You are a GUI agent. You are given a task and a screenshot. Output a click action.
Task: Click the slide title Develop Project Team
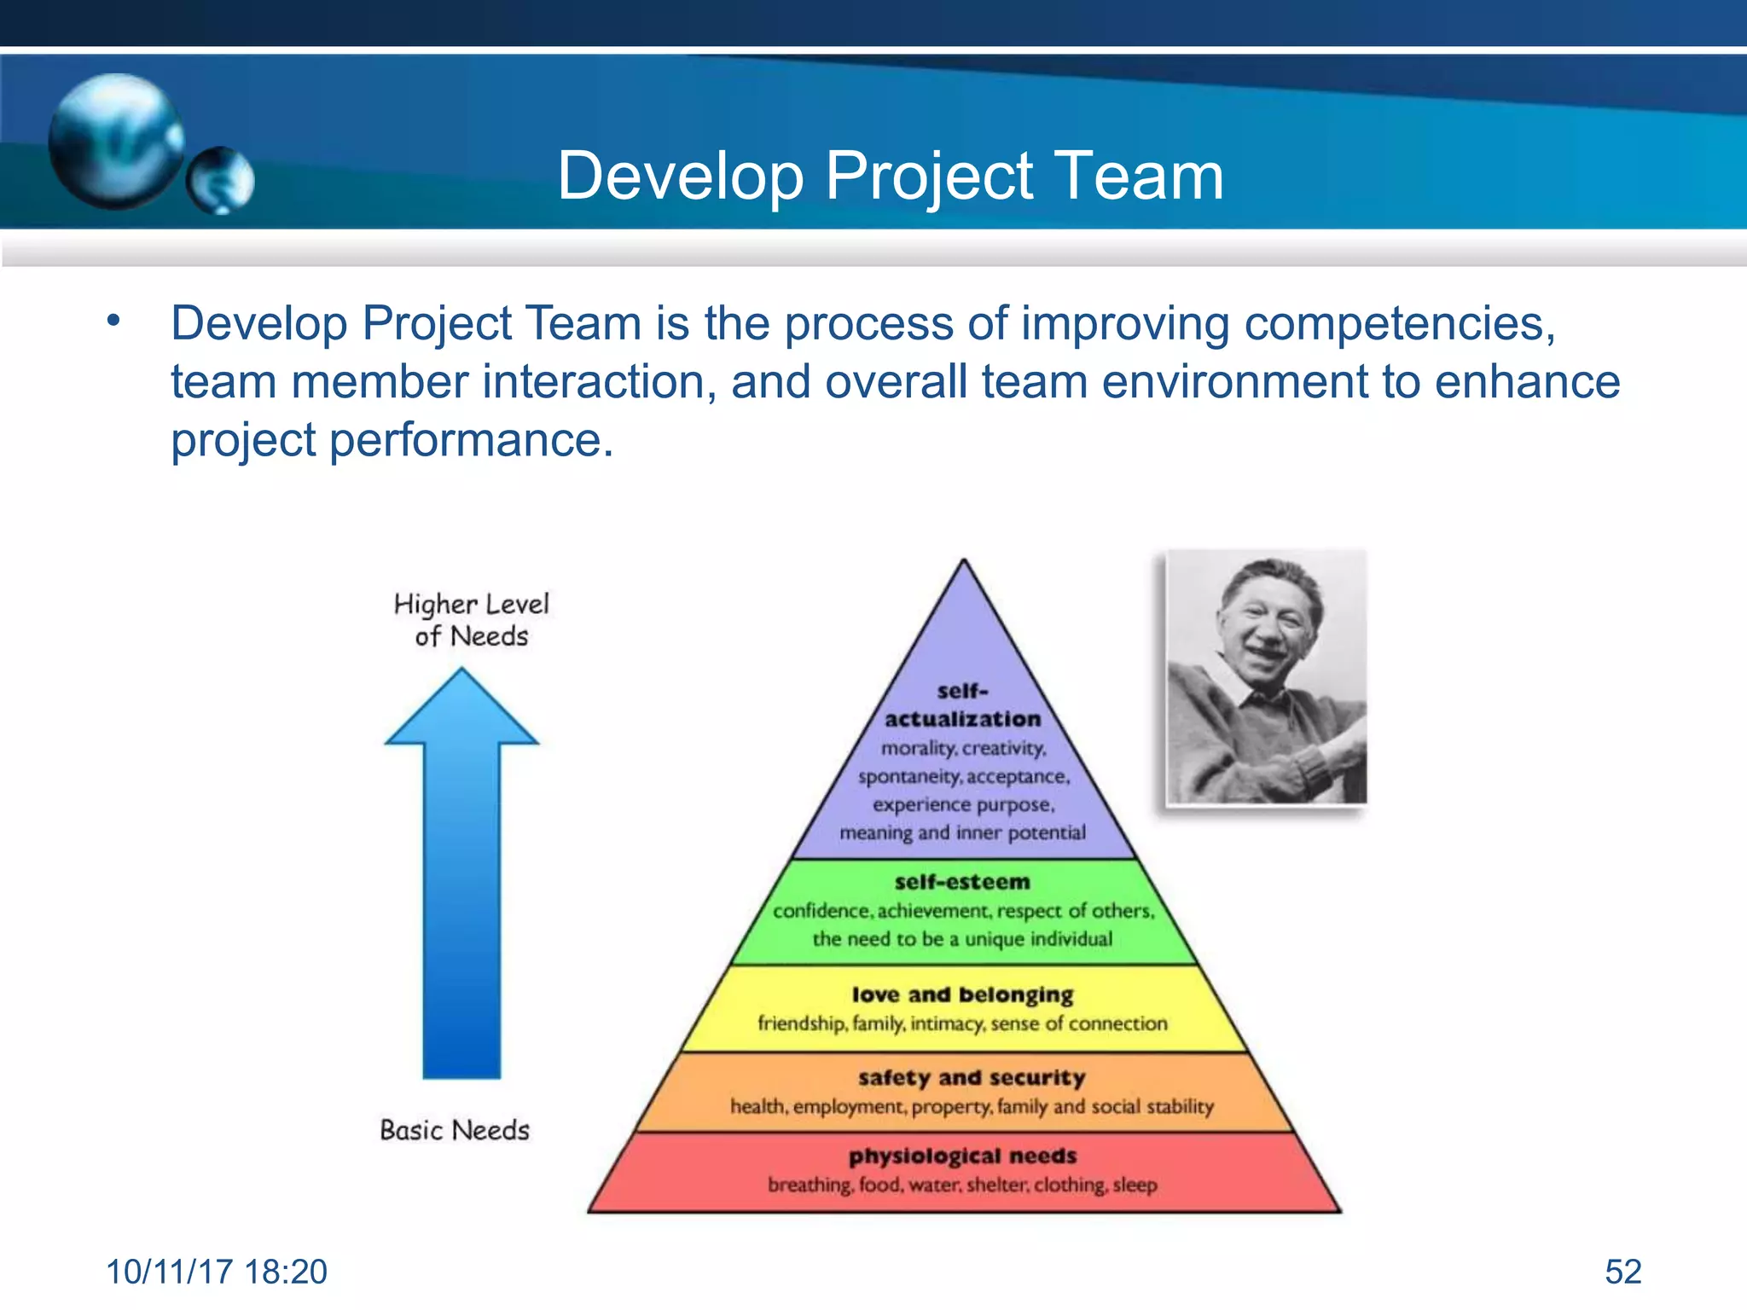890,176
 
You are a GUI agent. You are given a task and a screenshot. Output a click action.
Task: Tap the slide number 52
1622,1272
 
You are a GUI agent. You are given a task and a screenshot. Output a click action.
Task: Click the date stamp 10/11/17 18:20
217,1272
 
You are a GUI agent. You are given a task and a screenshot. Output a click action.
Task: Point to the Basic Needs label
455,1130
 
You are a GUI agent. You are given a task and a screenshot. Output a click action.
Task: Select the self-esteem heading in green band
962,882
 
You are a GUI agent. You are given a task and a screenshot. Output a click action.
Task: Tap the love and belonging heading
962,994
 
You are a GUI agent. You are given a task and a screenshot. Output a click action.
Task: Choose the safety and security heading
972,1077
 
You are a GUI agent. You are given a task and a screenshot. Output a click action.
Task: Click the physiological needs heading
962,1156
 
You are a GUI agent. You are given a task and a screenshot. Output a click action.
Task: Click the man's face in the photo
1267,623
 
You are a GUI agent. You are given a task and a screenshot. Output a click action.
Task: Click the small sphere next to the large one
220,180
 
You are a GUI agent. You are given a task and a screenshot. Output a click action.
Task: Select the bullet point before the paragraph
113,322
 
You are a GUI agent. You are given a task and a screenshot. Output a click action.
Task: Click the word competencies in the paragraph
1399,324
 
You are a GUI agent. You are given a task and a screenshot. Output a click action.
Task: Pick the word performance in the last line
471,441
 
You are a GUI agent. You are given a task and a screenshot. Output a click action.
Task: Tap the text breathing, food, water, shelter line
962,1185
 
